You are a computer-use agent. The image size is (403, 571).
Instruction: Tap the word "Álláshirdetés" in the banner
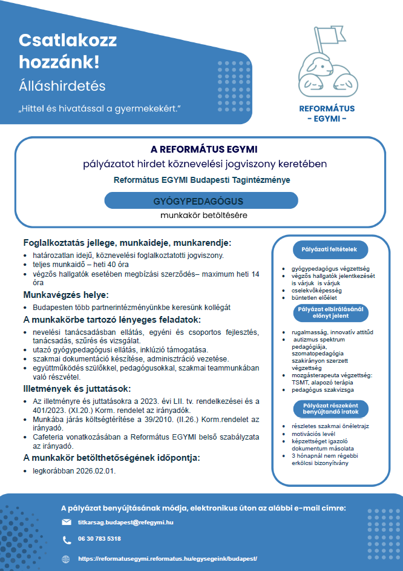(x=62, y=85)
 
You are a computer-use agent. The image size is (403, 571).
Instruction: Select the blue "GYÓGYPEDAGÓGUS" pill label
(x=201, y=200)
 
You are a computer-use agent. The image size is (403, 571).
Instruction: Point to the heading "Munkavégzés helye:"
(x=65, y=295)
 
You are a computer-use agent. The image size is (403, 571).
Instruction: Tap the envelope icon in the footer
(x=67, y=521)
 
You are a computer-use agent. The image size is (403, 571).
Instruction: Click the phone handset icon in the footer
(x=67, y=539)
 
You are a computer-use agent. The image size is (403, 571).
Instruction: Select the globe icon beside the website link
(x=67, y=558)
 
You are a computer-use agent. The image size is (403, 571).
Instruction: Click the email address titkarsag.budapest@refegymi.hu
(x=126, y=522)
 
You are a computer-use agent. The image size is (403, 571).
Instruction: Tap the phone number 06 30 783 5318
(x=99, y=539)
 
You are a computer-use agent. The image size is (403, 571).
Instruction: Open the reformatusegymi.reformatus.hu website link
(x=168, y=558)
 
